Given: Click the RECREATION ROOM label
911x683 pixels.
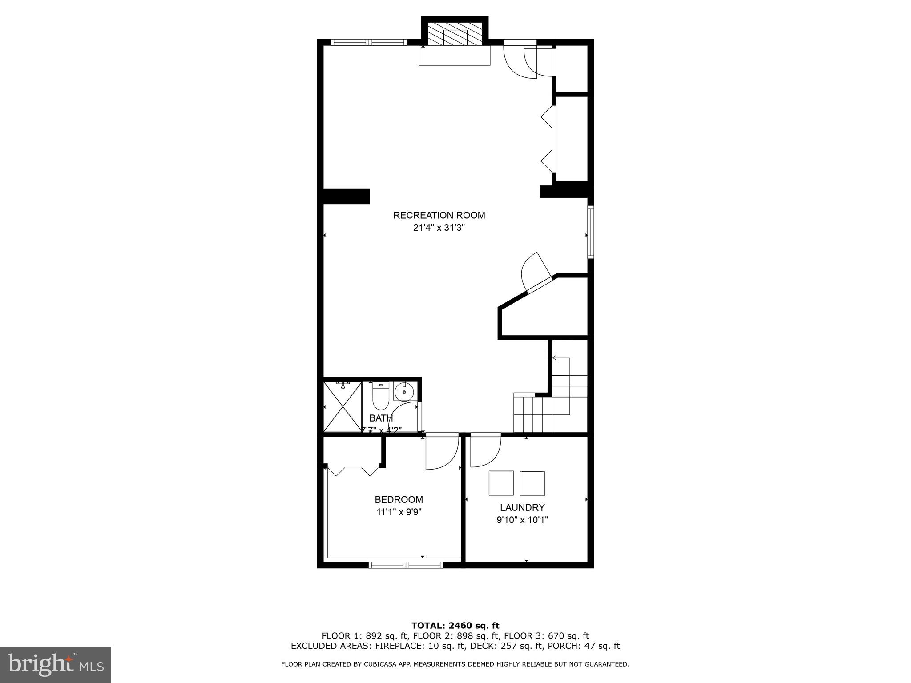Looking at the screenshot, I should (439, 216).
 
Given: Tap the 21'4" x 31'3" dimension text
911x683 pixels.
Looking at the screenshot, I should (439, 228).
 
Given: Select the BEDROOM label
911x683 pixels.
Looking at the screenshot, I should (399, 499).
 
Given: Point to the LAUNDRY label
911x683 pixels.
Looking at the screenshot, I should (522, 507).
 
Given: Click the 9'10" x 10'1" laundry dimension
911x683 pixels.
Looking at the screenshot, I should (522, 520).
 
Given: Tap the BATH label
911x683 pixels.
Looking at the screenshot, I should (381, 418).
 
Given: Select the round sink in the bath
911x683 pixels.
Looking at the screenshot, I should (404, 392).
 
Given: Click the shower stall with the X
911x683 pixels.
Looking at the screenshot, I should (342, 406).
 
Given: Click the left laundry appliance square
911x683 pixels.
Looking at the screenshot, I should (501, 483).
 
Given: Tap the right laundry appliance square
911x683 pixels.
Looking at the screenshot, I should (532, 483).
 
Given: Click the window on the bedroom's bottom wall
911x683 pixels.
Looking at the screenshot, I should (406, 565).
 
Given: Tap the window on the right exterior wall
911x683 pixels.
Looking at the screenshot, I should (590, 232).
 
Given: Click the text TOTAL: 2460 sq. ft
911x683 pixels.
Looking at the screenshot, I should (455, 626).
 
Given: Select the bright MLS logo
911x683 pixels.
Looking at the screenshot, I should (56, 665).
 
